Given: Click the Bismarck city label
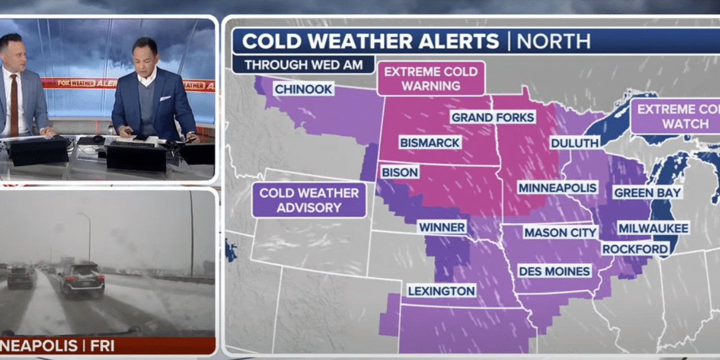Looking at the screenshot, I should pos(430,142).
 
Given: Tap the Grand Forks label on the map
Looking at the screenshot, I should pos(493,117).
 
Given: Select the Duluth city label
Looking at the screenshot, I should pos(574,143).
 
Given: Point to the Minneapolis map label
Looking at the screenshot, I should pos(557,187).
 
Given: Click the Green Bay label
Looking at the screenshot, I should pos(647,192).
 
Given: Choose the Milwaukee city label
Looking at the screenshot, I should pos(653,228).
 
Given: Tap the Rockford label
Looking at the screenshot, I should pos(635,249).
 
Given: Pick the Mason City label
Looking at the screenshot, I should pos(560,232).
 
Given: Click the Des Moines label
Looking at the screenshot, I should pos(554,271).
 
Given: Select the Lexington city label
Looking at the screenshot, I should pos(442,291).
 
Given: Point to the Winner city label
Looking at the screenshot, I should pos(442,227).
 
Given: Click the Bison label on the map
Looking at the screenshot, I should pos(399,172).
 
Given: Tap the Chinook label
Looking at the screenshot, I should pos(303,89).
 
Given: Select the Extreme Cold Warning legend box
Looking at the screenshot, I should pos(431,79).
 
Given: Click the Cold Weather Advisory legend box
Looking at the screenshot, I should pos(309,200).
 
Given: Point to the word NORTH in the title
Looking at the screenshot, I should pos(553,42).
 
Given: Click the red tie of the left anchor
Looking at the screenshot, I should pos(13,103).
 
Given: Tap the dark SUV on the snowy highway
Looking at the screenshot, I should pos(82,279).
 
